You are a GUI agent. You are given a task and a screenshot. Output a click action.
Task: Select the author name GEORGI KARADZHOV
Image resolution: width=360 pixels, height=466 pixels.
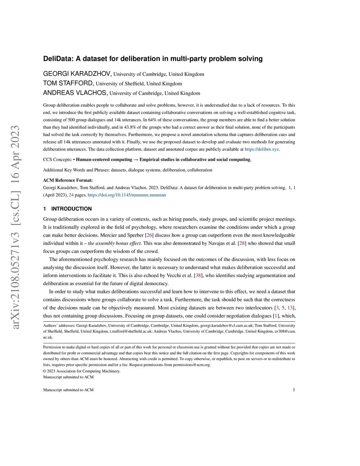(77, 74)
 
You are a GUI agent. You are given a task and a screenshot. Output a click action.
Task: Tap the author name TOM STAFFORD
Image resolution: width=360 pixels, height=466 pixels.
(68, 83)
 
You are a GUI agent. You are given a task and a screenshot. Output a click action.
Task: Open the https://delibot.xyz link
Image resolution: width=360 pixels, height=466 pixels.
(262, 149)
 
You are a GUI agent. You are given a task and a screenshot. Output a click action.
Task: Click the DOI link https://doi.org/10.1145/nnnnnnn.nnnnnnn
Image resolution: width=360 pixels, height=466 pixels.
(127, 195)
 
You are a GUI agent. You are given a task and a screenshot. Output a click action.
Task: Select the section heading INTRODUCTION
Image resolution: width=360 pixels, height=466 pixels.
(71, 209)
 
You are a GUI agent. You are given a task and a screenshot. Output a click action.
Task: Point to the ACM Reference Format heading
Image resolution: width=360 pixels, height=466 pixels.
(68, 180)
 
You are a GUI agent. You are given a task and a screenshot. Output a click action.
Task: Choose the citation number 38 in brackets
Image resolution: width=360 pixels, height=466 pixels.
(198, 275)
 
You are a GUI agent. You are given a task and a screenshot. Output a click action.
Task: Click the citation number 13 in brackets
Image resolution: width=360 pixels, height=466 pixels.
(290, 308)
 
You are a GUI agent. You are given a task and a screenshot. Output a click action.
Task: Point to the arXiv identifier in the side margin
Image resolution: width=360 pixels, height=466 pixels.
(15, 227)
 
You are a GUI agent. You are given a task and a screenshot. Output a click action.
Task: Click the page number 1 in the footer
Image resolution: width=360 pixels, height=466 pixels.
(294, 390)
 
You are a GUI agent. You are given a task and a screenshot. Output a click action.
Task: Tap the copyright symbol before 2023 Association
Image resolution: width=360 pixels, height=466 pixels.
(45, 371)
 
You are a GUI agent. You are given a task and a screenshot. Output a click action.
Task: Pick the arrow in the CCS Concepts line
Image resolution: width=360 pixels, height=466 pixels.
(136, 160)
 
